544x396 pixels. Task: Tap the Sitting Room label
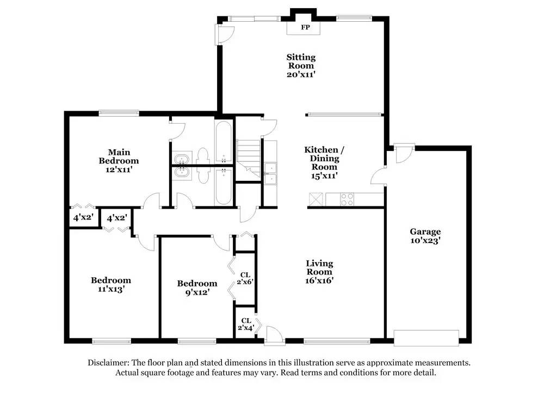301,62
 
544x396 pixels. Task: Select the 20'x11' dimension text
301,75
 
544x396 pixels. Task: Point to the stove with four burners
347,200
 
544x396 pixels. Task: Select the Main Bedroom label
119,156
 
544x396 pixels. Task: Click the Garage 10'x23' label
425,236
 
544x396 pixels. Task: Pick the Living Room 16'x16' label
319,272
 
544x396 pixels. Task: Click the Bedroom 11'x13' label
110,285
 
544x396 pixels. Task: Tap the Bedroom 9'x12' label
197,288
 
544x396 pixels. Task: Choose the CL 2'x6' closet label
246,278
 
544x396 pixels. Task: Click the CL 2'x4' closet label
246,325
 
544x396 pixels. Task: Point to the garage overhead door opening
426,338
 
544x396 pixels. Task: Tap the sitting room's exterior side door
224,35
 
